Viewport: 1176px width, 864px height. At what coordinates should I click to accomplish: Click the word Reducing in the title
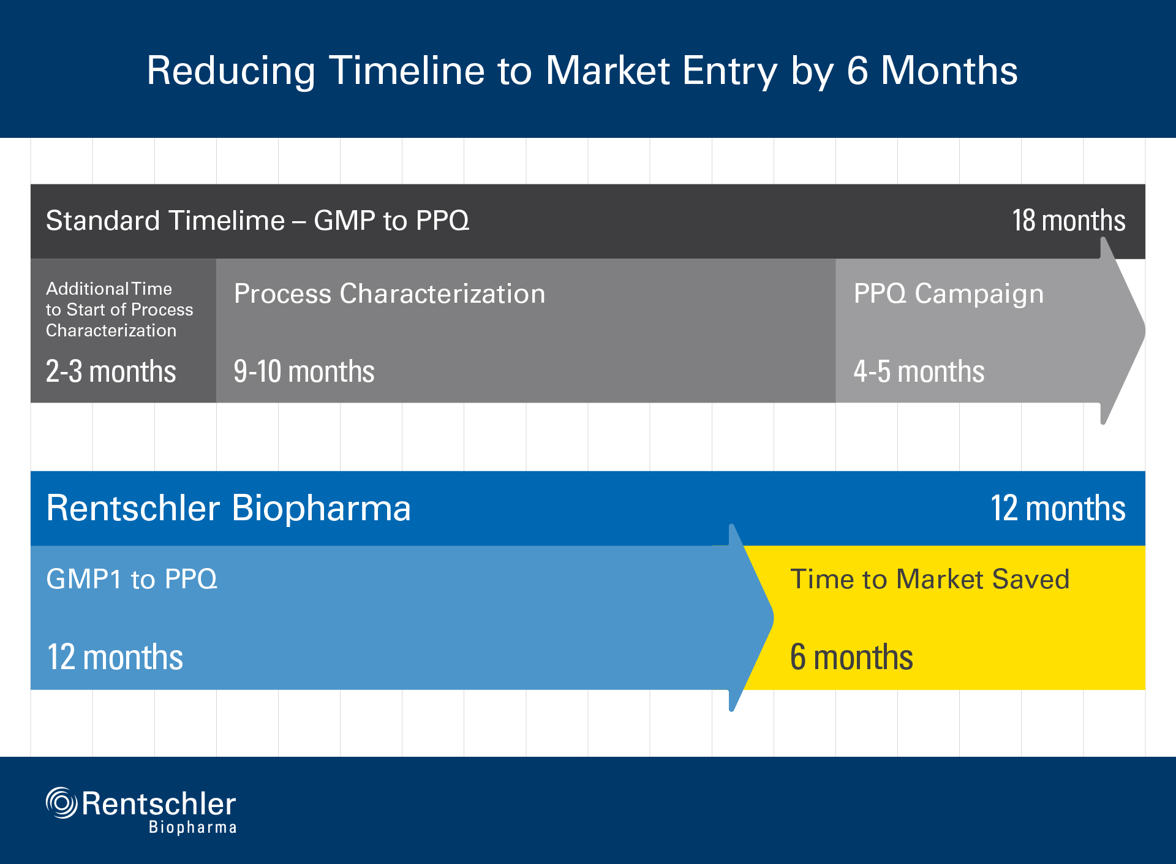(x=231, y=71)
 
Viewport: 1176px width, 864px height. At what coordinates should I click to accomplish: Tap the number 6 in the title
(x=857, y=70)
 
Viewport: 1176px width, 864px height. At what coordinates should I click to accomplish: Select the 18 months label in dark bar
(x=1068, y=221)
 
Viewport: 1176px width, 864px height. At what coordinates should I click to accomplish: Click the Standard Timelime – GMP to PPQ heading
(x=257, y=221)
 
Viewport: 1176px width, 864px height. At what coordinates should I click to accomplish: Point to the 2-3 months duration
(x=111, y=371)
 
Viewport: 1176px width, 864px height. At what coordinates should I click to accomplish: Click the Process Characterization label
(x=390, y=294)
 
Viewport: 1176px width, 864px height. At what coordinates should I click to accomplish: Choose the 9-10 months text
(x=304, y=371)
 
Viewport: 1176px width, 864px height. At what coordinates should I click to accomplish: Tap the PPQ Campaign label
(x=948, y=294)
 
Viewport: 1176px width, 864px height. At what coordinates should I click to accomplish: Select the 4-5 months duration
(x=919, y=371)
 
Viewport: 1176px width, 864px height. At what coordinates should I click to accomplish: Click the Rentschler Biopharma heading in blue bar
(x=228, y=508)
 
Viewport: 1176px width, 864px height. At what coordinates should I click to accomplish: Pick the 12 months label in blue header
(x=1058, y=508)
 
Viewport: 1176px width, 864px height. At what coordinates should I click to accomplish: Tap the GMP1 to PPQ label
(x=132, y=580)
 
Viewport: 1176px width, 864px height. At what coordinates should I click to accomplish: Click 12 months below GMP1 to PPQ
(x=115, y=657)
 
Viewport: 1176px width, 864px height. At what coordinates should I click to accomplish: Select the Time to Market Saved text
(x=930, y=580)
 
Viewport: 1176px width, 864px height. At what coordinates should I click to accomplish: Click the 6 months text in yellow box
(x=851, y=657)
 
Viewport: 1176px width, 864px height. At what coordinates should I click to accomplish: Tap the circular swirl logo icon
(x=61, y=803)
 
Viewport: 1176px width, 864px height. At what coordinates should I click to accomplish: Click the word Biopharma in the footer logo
(x=192, y=827)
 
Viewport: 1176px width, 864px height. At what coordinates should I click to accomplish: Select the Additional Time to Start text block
(x=119, y=309)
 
